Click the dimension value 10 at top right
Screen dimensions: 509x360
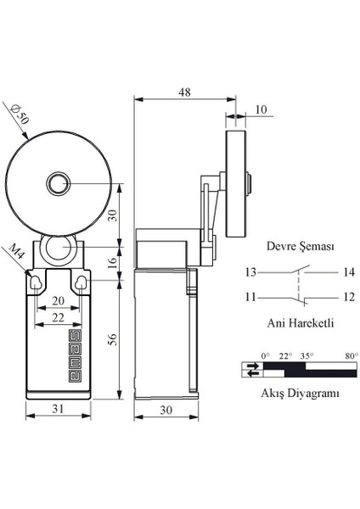tap(259, 109)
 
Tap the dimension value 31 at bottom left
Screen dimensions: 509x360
tap(57, 409)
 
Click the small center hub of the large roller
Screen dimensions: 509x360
tap(58, 182)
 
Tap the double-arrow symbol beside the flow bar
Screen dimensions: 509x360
tap(253, 369)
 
